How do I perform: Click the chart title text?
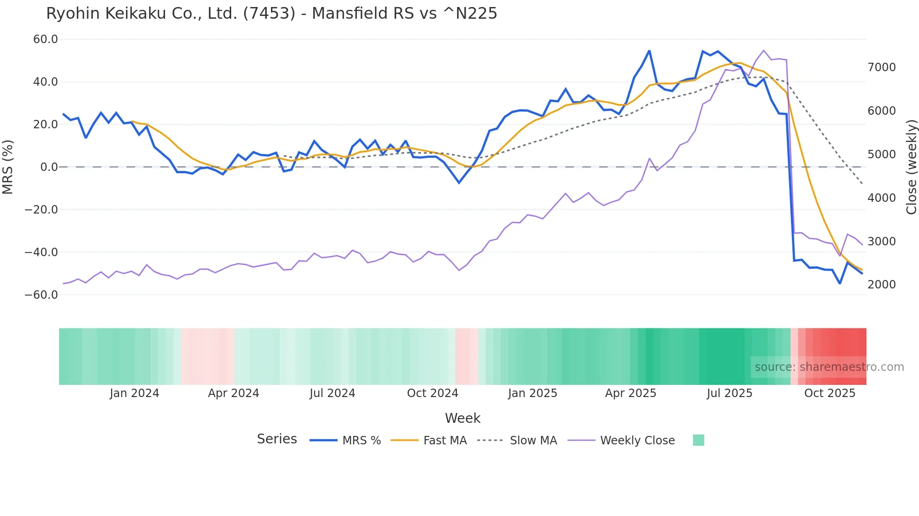(x=271, y=14)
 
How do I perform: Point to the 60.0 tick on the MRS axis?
(x=45, y=39)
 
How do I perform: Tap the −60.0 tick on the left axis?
(x=41, y=295)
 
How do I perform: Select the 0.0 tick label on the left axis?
(x=49, y=167)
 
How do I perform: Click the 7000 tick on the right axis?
(x=881, y=67)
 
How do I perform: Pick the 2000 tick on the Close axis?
(x=881, y=285)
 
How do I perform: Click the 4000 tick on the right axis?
(x=881, y=198)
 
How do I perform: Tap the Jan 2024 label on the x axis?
(x=135, y=393)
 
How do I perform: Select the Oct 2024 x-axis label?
(x=432, y=393)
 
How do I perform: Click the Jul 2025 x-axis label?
(x=729, y=393)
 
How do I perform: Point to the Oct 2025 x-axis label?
(x=829, y=393)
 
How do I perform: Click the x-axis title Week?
(x=462, y=418)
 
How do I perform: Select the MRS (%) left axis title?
(x=8, y=167)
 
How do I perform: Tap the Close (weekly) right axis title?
(x=911, y=167)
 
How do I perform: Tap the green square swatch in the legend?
(x=698, y=440)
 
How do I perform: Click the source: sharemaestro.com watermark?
(x=829, y=367)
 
